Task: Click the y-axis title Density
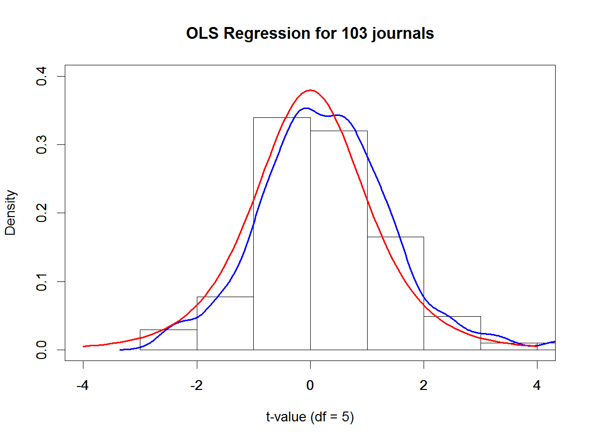11,213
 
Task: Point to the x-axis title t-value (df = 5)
310,417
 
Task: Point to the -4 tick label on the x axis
83,386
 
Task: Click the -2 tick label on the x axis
196,386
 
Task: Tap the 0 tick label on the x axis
310,386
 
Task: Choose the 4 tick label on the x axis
537,386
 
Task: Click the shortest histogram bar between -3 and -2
168,340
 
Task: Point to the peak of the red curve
310,90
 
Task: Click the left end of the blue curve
121,350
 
